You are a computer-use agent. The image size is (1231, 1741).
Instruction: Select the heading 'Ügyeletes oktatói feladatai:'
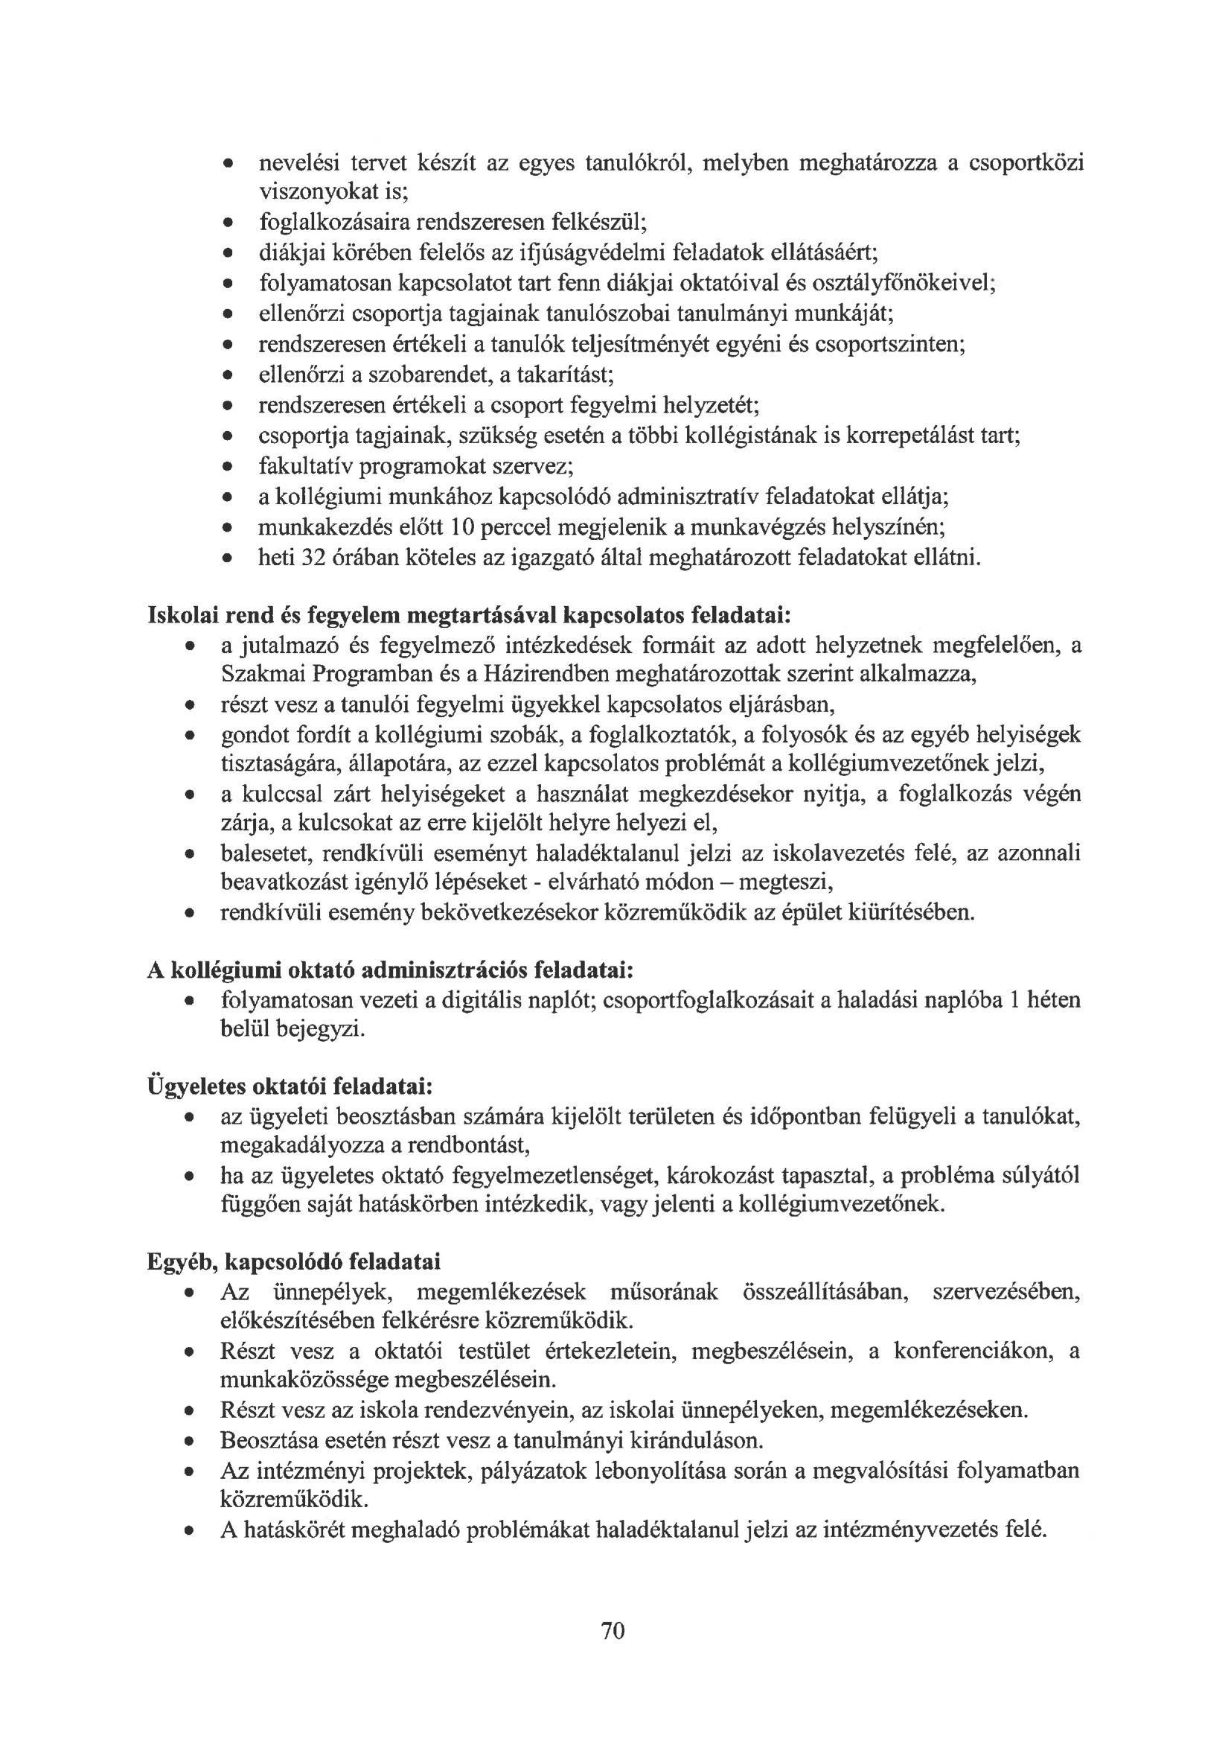coord(290,1086)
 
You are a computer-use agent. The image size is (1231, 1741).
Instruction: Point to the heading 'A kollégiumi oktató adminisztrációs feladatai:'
coord(391,970)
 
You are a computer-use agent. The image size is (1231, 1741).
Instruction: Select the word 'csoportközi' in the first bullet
coord(1026,162)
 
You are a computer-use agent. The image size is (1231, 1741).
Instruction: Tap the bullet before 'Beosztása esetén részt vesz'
coord(189,1442)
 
